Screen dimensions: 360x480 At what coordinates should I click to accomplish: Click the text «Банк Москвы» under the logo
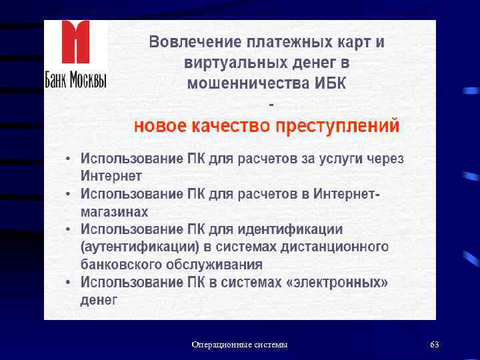tap(75, 79)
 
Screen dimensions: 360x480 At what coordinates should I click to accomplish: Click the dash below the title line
tap(270, 105)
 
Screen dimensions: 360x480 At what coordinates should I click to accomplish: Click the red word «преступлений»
tap(345, 126)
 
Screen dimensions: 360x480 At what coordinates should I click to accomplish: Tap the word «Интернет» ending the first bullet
tap(111, 177)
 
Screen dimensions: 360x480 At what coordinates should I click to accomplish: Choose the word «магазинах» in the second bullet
tap(115, 212)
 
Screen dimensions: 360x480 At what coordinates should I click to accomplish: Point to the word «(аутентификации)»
tap(139, 247)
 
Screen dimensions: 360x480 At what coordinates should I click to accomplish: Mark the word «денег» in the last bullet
tap(99, 300)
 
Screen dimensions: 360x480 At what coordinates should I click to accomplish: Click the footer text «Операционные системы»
tap(239, 345)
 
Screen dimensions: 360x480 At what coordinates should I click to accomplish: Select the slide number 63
tap(435, 345)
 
